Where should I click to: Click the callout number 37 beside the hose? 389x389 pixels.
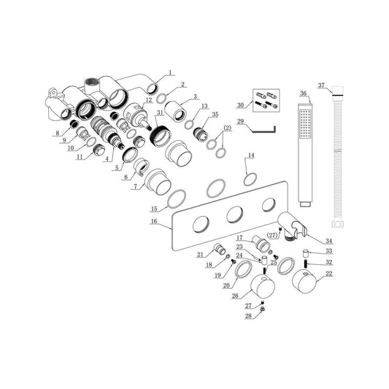321,85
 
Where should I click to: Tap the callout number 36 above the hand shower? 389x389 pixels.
304,93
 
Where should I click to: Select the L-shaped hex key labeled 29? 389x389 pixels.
263,129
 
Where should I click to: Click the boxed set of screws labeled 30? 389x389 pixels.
266,100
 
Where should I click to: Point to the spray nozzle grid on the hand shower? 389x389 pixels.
305,124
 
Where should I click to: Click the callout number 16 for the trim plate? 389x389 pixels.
154,221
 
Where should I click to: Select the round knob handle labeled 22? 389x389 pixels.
304,280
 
